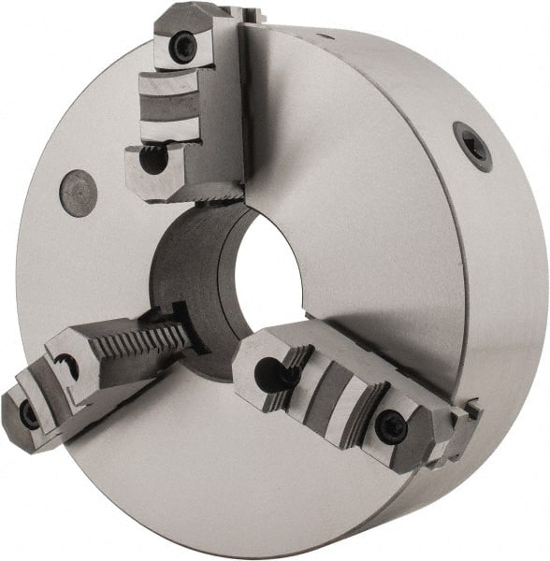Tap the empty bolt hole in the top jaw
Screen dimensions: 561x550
[x=152, y=161]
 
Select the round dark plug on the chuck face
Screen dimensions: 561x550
[x=79, y=194]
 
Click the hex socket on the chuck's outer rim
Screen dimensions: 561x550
[x=472, y=145]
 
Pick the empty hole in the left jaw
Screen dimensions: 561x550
[x=68, y=367]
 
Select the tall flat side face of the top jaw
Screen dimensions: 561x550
[x=229, y=103]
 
